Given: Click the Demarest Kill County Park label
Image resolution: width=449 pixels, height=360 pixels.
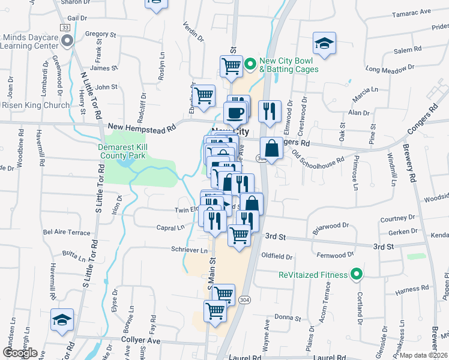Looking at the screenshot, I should point(122,151).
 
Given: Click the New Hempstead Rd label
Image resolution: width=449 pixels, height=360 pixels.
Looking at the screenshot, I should point(142,127).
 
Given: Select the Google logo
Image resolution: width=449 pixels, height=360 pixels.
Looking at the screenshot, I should point(20,353).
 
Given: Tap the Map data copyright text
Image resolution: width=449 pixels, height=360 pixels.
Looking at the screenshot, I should point(424,355).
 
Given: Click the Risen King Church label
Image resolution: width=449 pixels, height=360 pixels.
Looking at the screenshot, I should point(36,105).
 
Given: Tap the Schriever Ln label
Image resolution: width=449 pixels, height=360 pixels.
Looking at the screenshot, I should point(189,250).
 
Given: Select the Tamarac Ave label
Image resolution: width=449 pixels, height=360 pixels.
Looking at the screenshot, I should point(411,12).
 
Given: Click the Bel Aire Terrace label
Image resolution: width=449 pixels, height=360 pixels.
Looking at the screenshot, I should point(66,232).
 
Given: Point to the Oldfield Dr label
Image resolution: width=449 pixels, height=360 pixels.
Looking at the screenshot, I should point(277,256).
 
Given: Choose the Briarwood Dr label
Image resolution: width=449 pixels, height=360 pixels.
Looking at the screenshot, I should point(331,227).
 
